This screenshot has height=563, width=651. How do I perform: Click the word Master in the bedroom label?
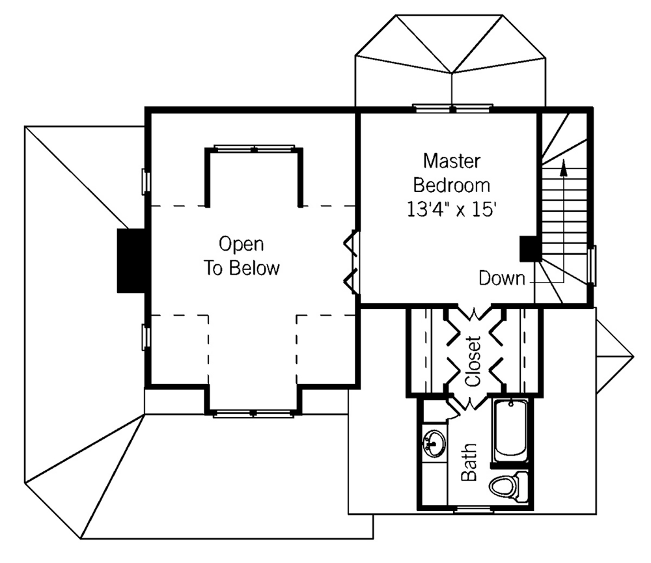pyautogui.click(x=452, y=161)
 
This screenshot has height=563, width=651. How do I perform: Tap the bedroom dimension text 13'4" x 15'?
pyautogui.click(x=452, y=210)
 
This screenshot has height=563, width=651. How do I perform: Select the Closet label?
pyautogui.click(x=473, y=361)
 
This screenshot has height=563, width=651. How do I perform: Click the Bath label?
pyautogui.click(x=469, y=462)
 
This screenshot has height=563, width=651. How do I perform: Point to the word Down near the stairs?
pyautogui.click(x=501, y=278)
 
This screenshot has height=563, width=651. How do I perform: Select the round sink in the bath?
pyautogui.click(x=434, y=443)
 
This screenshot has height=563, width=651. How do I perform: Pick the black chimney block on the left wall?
pyautogui.click(x=132, y=261)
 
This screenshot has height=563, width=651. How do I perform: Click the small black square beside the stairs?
pyautogui.click(x=530, y=249)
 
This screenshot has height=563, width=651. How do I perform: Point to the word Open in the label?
pyautogui.click(x=242, y=244)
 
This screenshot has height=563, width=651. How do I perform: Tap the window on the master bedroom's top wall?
pyautogui.click(x=452, y=109)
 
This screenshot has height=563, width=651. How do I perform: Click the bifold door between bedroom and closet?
pyautogui.click(x=473, y=314)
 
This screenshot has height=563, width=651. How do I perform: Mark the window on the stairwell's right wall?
pyautogui.click(x=593, y=266)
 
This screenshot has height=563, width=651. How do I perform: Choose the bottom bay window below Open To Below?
pyautogui.click(x=254, y=413)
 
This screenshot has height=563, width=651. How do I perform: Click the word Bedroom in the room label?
pyautogui.click(x=452, y=185)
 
